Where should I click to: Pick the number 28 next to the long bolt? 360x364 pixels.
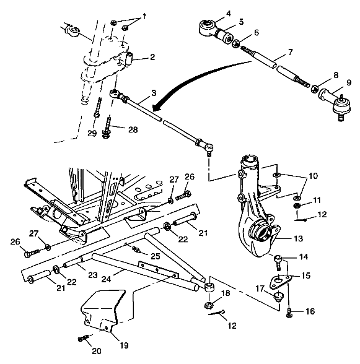click(x=133, y=129)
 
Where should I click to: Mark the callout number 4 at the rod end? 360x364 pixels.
click(x=211, y=13)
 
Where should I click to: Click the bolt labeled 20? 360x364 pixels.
click(x=83, y=339)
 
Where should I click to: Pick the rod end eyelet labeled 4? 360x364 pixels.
click(x=205, y=27)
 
